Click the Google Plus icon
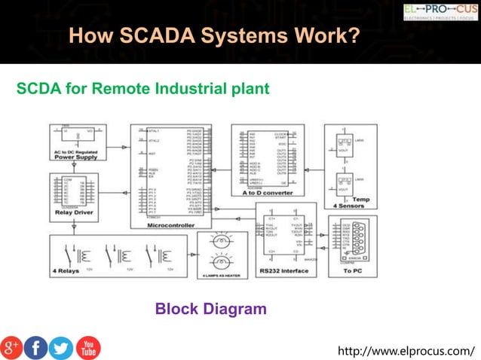11,347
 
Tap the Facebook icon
35,347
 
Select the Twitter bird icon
61,347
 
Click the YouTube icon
87,347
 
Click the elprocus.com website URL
406,351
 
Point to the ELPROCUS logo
440,11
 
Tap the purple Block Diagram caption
210,308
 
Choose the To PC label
354,269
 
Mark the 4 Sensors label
347,205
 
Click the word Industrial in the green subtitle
191,89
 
